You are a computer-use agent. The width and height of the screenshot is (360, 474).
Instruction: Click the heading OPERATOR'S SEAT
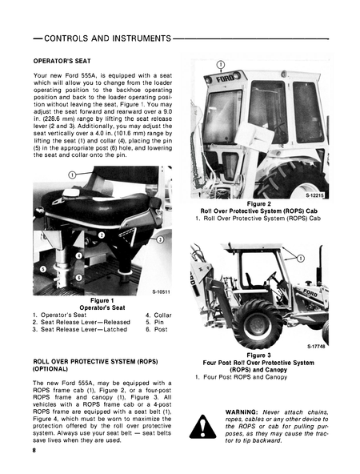pos(64,61)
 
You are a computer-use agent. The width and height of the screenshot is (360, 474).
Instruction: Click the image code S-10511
pos(159,293)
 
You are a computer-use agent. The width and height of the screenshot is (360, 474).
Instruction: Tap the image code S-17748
pos(314,347)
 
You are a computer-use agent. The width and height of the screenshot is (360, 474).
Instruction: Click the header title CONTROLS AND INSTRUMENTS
pos(102,38)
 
